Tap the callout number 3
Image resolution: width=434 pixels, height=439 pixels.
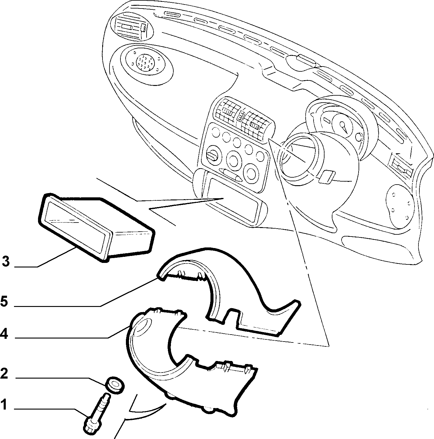(x=6, y=261)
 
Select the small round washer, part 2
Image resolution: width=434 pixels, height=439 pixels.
(x=115, y=385)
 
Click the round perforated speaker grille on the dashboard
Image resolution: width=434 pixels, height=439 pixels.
(x=145, y=62)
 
